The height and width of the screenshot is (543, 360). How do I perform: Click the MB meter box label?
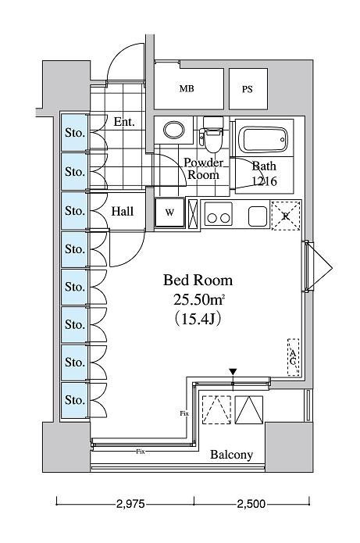187,88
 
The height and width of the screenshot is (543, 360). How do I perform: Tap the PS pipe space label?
247,89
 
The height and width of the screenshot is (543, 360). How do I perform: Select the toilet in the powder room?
212,134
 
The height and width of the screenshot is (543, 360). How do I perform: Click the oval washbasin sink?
173,130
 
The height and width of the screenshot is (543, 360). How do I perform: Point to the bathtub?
264,139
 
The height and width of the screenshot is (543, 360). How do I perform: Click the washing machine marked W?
169,213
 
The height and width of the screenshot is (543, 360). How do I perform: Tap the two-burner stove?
218,215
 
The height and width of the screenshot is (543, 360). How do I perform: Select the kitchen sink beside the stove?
258,216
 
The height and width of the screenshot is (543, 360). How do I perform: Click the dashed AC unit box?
293,357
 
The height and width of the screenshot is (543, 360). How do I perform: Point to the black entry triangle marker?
233,372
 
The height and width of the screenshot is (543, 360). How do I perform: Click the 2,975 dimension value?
130,504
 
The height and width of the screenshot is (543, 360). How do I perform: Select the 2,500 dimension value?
251,504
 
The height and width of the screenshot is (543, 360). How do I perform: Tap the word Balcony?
232,455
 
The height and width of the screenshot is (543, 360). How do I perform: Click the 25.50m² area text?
199,299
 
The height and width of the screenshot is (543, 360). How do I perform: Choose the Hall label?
122,211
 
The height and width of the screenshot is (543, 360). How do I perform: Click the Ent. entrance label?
124,122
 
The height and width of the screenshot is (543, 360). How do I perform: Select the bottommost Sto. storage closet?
75,400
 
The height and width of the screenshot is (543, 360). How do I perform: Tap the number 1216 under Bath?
264,180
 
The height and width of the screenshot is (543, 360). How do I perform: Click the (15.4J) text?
198,319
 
